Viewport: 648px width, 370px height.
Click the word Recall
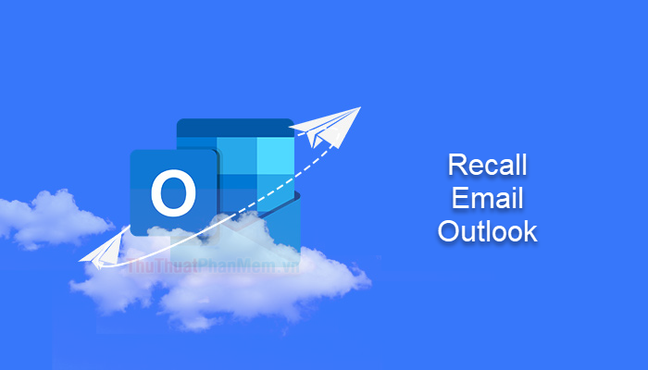coord(487,166)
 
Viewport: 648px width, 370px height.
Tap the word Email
coord(487,199)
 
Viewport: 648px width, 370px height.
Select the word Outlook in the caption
coord(487,231)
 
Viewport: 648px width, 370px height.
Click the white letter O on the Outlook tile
coord(173,195)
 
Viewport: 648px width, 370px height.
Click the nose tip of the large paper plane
coord(359,109)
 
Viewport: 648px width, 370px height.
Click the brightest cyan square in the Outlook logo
coord(275,153)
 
